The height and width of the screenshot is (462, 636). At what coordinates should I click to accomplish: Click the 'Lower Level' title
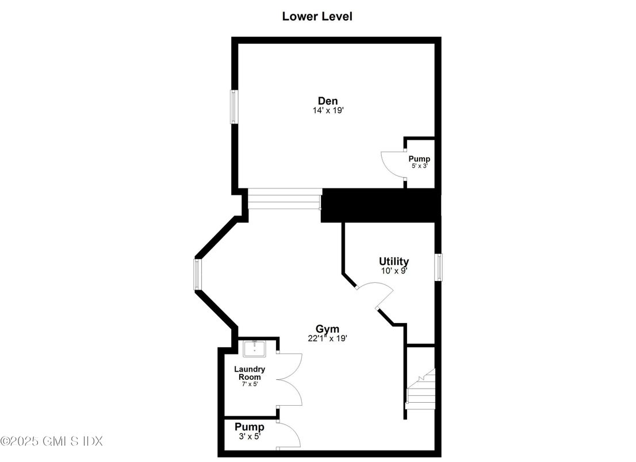(x=317, y=16)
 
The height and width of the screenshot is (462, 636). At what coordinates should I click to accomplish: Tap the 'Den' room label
(x=328, y=101)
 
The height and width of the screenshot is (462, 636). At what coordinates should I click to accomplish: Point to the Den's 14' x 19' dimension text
(x=328, y=110)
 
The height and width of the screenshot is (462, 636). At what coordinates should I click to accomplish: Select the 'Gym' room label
(x=327, y=329)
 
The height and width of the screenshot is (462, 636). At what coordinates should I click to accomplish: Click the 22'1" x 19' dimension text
(x=327, y=338)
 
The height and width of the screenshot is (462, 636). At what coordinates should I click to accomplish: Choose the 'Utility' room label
(x=394, y=261)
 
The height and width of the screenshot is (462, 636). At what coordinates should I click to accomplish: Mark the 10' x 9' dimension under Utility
(x=394, y=270)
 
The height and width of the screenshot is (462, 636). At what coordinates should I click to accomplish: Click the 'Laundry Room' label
(x=250, y=373)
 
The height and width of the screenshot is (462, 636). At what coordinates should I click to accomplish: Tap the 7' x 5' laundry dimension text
(x=250, y=384)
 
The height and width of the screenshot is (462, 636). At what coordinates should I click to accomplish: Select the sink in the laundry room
(x=254, y=348)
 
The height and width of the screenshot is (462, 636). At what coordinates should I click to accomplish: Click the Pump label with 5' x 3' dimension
(x=419, y=159)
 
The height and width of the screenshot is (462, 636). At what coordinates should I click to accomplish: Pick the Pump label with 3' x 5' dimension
(x=250, y=427)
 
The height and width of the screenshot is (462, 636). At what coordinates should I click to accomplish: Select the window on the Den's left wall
(x=233, y=106)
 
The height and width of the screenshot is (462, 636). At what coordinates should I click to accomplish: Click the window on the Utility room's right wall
(x=438, y=267)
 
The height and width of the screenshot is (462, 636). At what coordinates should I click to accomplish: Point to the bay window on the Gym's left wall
(x=198, y=274)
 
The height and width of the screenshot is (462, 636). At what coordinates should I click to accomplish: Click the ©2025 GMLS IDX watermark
(x=52, y=441)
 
